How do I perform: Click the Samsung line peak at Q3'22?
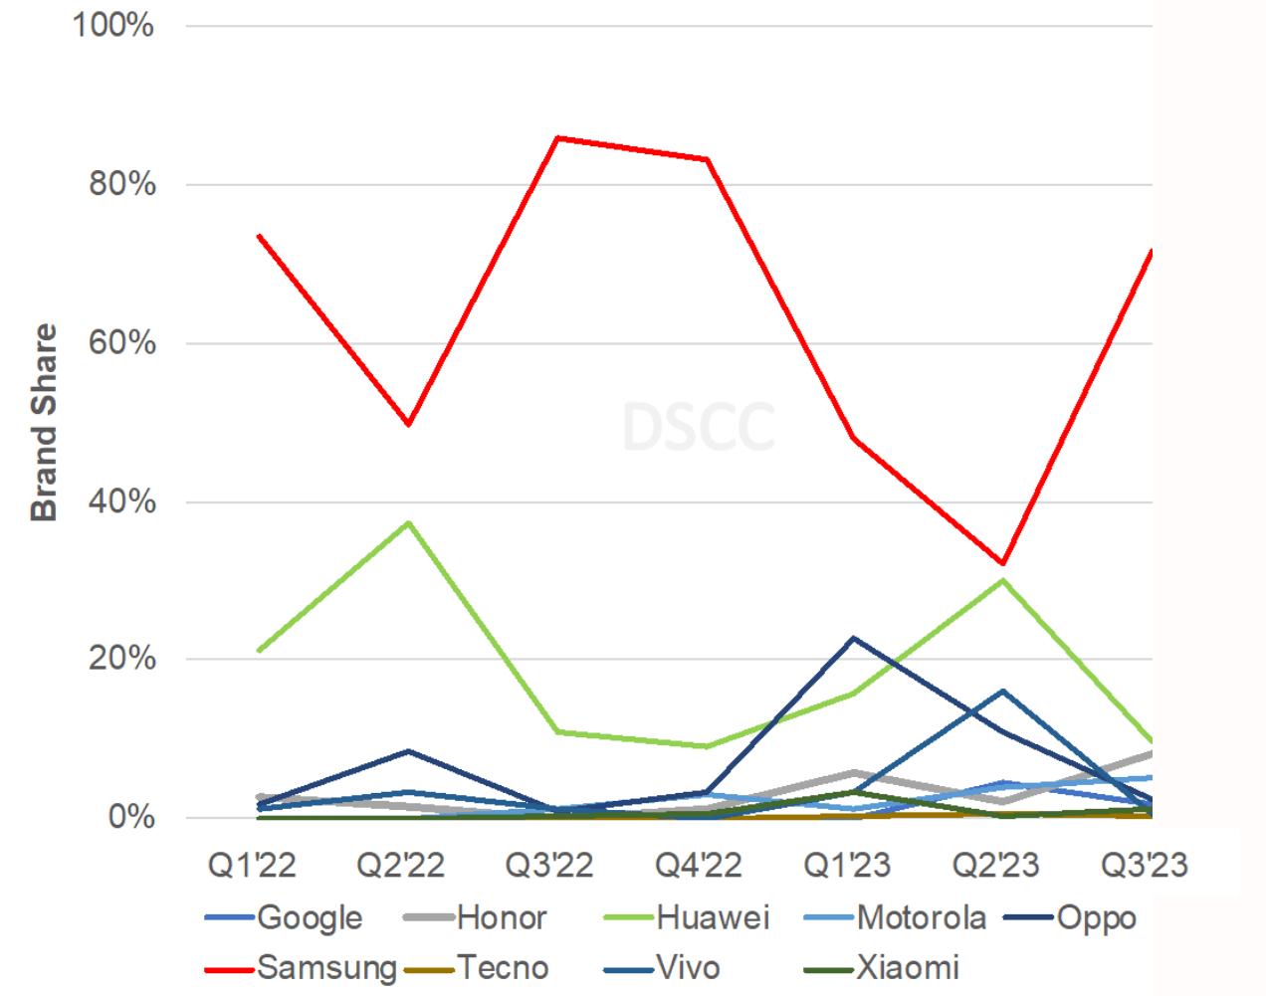click(x=556, y=137)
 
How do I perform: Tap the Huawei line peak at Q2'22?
click(x=407, y=521)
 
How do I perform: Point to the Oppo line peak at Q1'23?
click(x=854, y=638)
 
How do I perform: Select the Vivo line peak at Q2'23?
click(x=1003, y=691)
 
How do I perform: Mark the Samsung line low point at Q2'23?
click(x=1003, y=563)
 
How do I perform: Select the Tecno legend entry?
click(x=503, y=966)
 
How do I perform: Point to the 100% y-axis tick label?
click(x=112, y=26)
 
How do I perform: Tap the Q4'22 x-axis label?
click(x=699, y=866)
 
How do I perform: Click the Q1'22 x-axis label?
click(x=252, y=866)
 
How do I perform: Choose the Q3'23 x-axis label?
click(x=1145, y=866)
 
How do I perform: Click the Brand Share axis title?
click(x=44, y=422)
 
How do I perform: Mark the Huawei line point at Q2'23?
click(x=1003, y=580)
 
